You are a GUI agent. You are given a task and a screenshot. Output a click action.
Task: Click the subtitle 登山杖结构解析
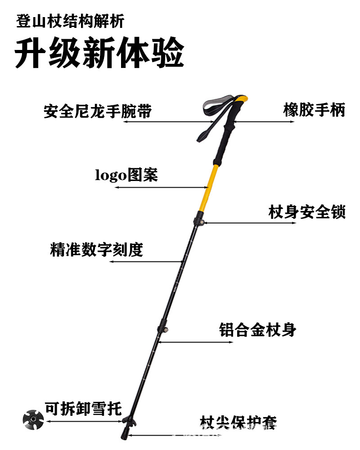click(70, 20)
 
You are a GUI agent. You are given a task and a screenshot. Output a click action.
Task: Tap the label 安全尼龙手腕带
click(98, 111)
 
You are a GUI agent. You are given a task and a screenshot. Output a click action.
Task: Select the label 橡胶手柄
click(314, 109)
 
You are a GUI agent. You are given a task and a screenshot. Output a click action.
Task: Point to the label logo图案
click(126, 175)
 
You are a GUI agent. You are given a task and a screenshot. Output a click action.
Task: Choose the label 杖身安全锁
click(307, 211)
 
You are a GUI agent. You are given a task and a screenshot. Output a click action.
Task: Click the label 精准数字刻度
click(96, 249)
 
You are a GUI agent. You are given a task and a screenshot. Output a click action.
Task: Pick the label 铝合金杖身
click(258, 329)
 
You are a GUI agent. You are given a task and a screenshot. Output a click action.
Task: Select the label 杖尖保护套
click(238, 423)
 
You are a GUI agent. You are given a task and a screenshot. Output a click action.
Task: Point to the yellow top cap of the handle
click(241, 100)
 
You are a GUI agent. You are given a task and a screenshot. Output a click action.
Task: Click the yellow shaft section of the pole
click(208, 189)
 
